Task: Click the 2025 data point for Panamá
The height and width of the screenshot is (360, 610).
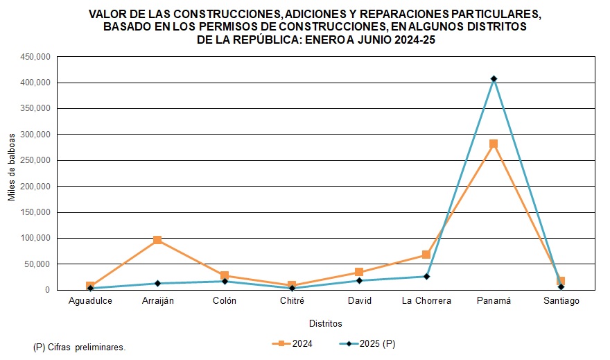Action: point(494,79)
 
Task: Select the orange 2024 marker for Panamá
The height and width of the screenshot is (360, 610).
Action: point(494,144)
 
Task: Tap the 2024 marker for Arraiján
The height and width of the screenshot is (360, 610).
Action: point(157,240)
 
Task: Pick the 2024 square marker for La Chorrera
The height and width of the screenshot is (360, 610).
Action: point(426,255)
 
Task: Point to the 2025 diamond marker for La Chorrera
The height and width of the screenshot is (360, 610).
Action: point(426,277)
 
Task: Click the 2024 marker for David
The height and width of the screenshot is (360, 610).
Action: point(359,273)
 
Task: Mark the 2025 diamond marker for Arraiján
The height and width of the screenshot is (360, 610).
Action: point(157,283)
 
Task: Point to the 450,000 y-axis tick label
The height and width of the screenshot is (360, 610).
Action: point(35,57)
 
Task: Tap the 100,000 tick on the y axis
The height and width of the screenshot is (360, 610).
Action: point(35,238)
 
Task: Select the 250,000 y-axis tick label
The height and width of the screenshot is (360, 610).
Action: point(35,160)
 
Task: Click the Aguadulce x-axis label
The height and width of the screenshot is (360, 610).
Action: point(90,301)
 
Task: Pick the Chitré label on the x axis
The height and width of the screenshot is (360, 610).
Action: point(292,301)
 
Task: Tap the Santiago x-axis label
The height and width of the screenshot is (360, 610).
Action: point(561,301)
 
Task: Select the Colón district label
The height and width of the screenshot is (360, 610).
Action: point(225,301)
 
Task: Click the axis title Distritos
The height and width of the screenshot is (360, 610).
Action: point(325,323)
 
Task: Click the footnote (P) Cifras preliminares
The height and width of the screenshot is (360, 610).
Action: point(79,347)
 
